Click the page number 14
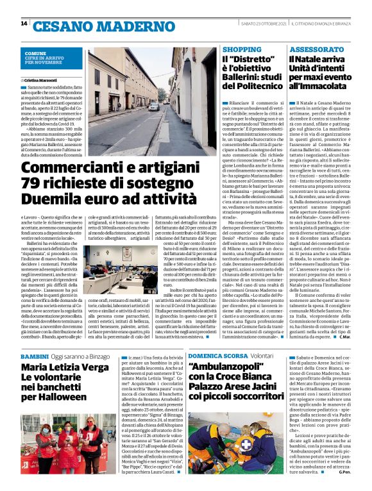pyautogui.click(x=24, y=24)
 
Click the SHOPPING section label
pyautogui.click(x=242, y=49)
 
